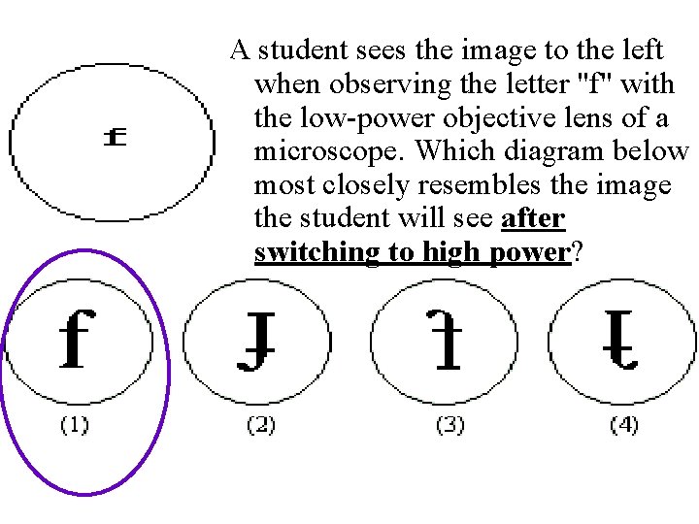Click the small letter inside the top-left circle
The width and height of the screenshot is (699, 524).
click(x=115, y=138)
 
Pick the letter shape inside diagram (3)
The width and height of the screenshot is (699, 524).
click(x=447, y=342)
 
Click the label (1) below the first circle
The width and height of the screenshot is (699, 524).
click(x=75, y=425)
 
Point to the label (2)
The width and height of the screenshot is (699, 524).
click(x=260, y=425)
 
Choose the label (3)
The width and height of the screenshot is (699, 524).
click(x=449, y=425)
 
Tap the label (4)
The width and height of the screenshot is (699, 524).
click(x=624, y=425)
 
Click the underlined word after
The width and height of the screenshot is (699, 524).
click(x=533, y=219)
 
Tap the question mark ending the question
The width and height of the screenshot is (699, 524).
click(x=578, y=253)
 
